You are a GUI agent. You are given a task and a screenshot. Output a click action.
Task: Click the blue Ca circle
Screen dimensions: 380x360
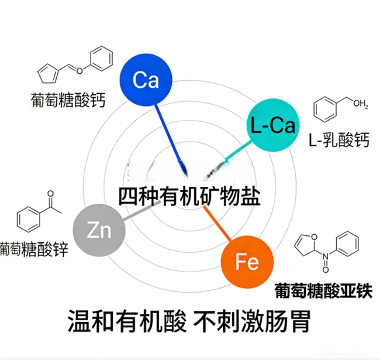(146, 80)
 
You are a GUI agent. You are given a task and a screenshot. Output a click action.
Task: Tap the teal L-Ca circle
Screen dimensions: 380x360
(273, 125)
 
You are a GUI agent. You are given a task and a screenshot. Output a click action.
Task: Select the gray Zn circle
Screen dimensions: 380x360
(99, 230)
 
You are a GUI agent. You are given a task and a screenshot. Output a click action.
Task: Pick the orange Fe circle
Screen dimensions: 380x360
(247, 262)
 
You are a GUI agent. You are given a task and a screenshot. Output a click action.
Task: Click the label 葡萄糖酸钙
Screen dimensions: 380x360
(68, 100)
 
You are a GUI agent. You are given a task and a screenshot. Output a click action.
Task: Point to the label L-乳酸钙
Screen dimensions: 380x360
(339, 140)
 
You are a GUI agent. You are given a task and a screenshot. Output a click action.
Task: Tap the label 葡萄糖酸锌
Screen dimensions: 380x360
(34, 249)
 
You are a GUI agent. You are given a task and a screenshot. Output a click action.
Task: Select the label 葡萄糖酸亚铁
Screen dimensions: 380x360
(323, 290)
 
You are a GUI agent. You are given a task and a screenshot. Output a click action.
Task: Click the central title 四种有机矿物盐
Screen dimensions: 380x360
(189, 197)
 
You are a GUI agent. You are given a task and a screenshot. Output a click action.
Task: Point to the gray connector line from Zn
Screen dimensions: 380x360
(142, 211)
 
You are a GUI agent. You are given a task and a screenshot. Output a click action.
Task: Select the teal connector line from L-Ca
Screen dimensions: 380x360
(238, 151)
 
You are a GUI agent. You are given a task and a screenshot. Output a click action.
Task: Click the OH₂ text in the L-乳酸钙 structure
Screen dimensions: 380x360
(361, 104)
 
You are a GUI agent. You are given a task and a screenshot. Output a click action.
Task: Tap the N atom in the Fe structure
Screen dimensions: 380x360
(325, 256)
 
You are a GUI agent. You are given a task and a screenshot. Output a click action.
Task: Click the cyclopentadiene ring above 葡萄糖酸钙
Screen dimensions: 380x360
(48, 73)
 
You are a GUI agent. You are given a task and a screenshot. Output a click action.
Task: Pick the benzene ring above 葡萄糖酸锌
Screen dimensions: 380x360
(28, 220)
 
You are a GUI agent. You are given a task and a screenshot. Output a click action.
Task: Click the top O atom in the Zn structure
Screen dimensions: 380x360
(50, 194)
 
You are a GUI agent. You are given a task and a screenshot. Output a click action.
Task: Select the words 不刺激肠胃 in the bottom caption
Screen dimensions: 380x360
(252, 321)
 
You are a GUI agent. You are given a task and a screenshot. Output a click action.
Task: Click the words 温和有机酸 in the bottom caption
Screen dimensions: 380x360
(127, 321)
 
